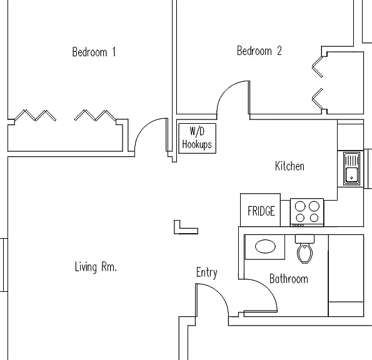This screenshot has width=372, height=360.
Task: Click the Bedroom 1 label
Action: click(x=94, y=52)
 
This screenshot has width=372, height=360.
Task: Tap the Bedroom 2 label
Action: click(x=259, y=51)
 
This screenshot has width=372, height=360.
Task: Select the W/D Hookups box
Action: click(x=197, y=138)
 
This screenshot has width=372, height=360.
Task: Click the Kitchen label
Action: click(x=289, y=166)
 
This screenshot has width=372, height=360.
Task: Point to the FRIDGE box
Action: click(x=260, y=210)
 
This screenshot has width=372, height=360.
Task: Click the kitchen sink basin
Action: click(x=351, y=175)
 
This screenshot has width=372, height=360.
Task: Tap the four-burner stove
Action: click(x=307, y=212)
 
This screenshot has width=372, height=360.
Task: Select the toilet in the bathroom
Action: click(x=304, y=249)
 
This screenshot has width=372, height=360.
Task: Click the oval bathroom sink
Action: click(x=265, y=246)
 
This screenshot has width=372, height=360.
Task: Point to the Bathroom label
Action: click(x=289, y=279)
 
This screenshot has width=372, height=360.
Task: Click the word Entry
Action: click(x=207, y=272)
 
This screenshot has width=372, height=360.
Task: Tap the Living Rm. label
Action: click(x=96, y=267)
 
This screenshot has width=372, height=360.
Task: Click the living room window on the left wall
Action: click(x=4, y=265)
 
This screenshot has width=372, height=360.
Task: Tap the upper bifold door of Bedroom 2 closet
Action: click(x=317, y=67)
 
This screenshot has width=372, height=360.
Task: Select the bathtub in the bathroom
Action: click(x=346, y=276)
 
